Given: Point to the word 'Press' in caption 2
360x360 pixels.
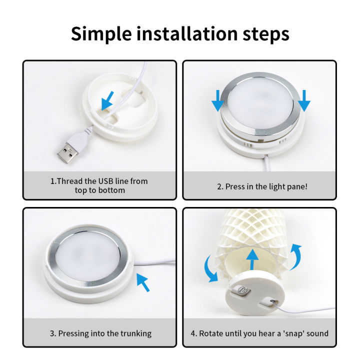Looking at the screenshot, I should tap(236, 186).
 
